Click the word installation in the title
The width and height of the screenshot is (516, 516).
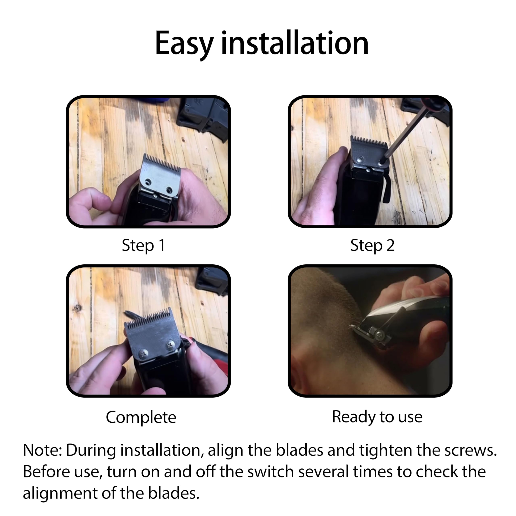tap(295, 43)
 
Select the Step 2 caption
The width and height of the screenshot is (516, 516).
tap(372, 246)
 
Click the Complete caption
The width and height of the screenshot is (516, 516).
tap(141, 417)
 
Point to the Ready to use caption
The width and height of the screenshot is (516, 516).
tap(377, 417)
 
